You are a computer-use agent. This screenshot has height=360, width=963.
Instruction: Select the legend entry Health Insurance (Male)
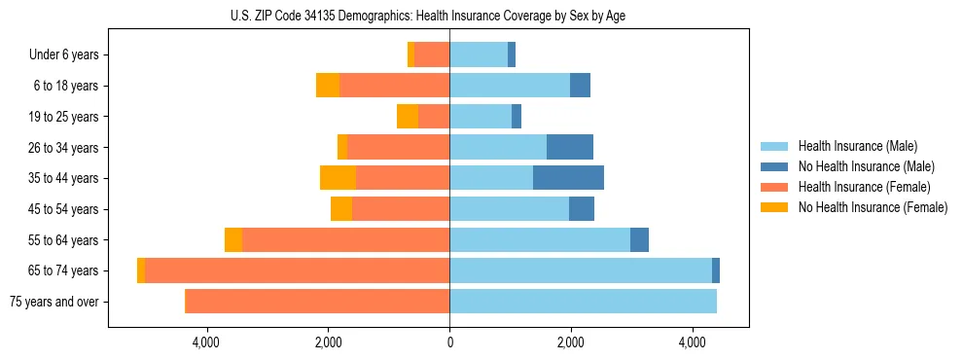point(857,146)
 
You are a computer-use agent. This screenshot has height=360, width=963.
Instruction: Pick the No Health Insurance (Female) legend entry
point(872,207)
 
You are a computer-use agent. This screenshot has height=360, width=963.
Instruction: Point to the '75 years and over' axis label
point(54,302)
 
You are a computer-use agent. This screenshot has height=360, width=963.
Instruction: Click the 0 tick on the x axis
point(449,342)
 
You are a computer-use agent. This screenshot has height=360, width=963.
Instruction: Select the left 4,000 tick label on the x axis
point(206,342)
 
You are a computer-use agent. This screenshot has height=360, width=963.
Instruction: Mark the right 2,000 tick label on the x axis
point(571,342)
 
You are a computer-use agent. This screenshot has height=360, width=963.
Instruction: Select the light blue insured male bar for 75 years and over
point(583,302)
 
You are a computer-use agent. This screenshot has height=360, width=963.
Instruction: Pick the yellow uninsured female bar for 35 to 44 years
point(338,178)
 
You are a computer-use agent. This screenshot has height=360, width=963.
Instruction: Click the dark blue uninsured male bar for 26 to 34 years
point(570,147)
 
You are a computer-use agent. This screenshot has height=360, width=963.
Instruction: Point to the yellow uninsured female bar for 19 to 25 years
point(408,117)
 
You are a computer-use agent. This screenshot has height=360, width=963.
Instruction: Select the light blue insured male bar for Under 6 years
point(479,55)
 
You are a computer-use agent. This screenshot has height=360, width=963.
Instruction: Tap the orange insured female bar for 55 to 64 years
point(345,240)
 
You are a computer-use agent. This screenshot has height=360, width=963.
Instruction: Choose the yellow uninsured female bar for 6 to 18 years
point(328,86)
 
